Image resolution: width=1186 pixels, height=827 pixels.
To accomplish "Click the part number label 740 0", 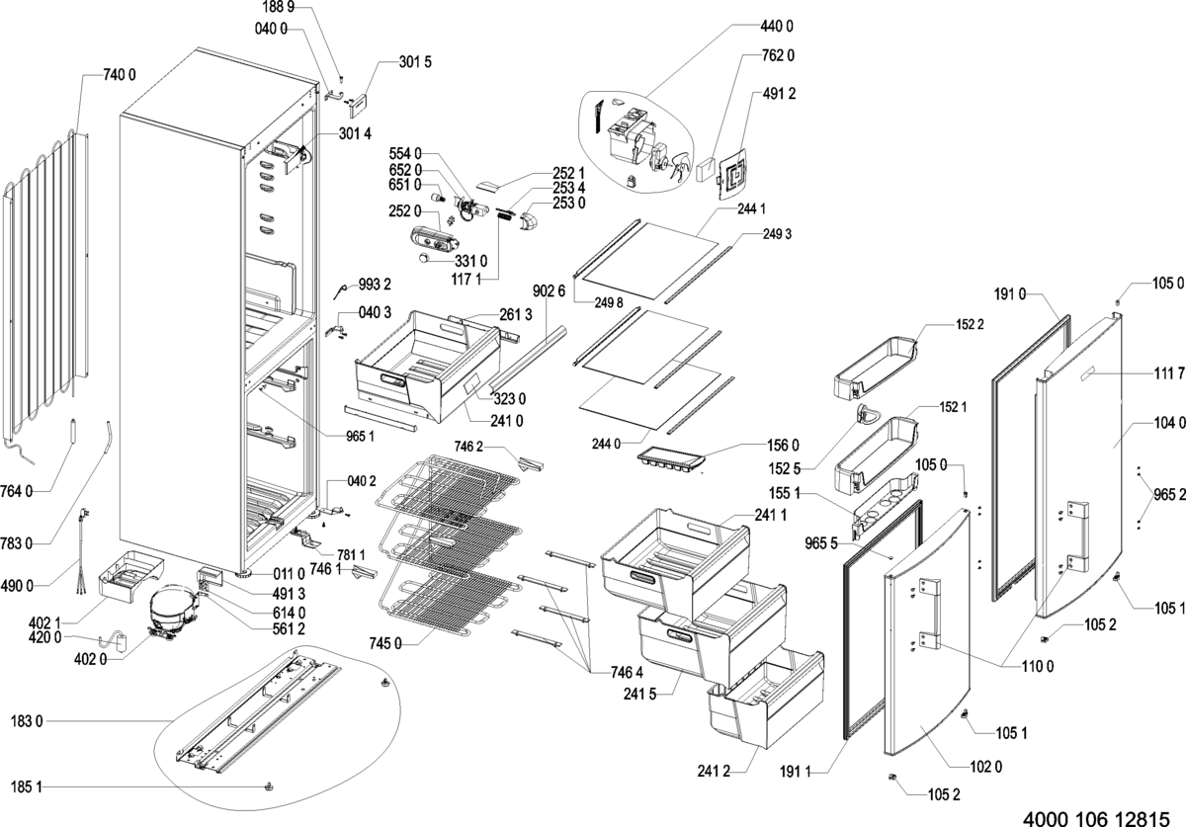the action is click(x=120, y=75).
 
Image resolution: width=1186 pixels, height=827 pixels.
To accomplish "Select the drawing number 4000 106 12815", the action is click(x=1095, y=817).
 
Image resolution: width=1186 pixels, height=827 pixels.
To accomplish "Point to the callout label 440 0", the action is click(x=777, y=27).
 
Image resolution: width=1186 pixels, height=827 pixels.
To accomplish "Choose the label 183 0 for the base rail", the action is click(x=27, y=721).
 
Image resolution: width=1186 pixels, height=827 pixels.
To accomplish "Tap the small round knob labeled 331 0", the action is click(x=425, y=258).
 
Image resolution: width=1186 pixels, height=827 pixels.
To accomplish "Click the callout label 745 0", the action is click(x=385, y=644).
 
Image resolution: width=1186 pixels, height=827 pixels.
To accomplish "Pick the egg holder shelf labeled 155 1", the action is click(x=886, y=506).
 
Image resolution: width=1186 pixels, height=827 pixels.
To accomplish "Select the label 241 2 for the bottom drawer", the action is click(x=714, y=772).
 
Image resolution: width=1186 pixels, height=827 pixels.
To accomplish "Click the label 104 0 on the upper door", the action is click(x=1169, y=423).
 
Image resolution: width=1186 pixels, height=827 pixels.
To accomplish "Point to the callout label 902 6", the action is click(x=550, y=291).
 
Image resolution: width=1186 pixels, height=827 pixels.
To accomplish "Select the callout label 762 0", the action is click(x=778, y=55).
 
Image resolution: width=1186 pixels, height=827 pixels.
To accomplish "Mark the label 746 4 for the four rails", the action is click(x=627, y=673).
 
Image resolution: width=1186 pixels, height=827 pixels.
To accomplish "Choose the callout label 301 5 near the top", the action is click(x=415, y=62).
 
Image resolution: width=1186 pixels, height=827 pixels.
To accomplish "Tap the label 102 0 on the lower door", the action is click(x=986, y=767).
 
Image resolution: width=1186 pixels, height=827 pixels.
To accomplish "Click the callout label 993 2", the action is click(x=375, y=285).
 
